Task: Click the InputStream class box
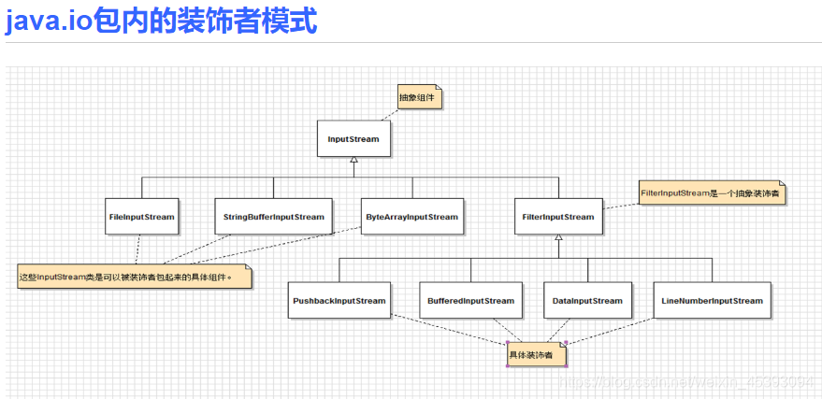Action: [353, 139]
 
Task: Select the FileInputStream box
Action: [141, 217]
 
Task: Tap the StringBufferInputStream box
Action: [274, 217]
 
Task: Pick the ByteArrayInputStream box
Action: [412, 217]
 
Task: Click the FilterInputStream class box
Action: [558, 217]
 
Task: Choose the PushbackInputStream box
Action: [339, 301]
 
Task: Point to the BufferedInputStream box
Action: [470, 301]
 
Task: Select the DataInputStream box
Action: [587, 301]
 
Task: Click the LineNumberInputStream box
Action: [712, 301]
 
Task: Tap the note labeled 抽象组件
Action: [417, 97]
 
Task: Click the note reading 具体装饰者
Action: [534, 355]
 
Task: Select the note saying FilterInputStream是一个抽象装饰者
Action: [711, 193]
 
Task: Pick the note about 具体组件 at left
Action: [136, 278]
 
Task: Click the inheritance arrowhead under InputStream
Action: [353, 160]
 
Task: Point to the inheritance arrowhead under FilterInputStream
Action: [558, 238]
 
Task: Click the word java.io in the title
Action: [49, 21]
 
